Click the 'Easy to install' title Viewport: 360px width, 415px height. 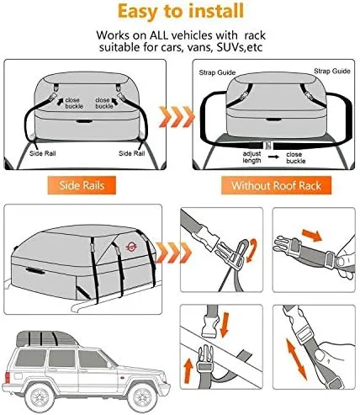click(x=181, y=11)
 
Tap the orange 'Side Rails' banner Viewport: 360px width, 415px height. click(x=82, y=185)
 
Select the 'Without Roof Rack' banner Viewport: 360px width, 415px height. click(x=276, y=185)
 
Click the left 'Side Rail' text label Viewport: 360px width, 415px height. click(x=43, y=153)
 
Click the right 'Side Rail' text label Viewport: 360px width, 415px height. click(x=132, y=153)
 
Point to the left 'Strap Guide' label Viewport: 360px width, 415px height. click(x=217, y=72)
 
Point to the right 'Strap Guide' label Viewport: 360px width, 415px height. click(x=332, y=71)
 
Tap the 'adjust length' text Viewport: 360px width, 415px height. click(x=251, y=157)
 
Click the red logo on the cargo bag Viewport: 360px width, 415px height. click(x=131, y=247)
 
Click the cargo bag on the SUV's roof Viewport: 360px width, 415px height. click(x=47, y=339)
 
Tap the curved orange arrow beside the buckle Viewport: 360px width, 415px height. click(x=251, y=250)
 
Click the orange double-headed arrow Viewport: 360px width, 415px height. click(x=296, y=359)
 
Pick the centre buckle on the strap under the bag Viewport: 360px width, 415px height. click(x=268, y=146)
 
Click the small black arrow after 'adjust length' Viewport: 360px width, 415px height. click(x=273, y=157)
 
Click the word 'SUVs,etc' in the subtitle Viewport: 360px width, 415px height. click(x=240, y=47)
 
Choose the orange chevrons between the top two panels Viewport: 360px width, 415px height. click(x=177, y=116)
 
